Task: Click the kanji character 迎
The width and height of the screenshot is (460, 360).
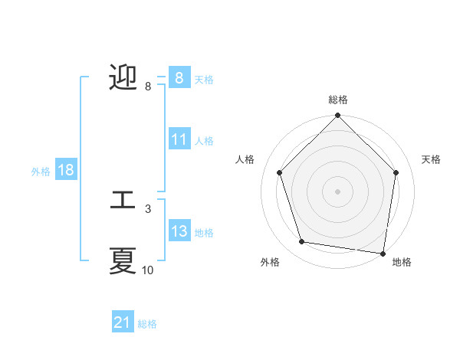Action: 123,78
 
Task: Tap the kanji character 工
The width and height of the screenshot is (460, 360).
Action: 123,201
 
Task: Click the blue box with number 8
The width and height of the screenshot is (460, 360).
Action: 179,78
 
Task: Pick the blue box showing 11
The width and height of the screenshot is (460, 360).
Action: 179,139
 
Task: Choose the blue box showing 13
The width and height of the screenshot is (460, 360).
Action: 179,231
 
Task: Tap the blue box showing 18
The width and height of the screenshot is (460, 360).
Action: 66,170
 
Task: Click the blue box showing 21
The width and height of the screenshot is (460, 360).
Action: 123,322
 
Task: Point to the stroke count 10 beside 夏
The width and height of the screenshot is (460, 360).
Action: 148,270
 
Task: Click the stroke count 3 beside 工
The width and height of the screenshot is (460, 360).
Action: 148,208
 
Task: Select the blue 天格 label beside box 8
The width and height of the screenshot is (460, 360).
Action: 204,79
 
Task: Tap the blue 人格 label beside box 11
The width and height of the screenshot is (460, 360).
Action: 204,141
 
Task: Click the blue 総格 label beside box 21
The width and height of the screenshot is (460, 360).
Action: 147,324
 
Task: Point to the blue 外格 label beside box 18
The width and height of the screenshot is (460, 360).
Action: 41,172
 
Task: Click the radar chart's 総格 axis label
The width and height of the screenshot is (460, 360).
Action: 337,100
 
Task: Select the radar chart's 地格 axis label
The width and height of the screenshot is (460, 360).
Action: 402,262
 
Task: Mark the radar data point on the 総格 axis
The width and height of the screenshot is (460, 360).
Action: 337,116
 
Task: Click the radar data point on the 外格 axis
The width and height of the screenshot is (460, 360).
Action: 302,242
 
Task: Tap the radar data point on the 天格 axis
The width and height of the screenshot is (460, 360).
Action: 396,172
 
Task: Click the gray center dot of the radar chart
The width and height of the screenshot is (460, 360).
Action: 337,191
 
